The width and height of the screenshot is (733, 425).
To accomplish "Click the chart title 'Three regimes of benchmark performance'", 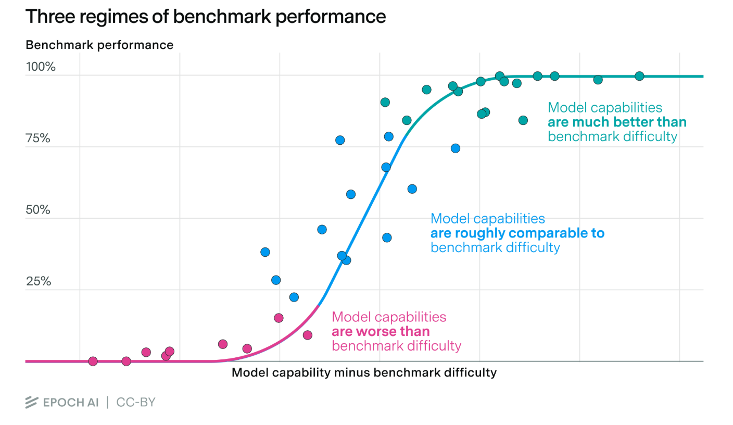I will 206,17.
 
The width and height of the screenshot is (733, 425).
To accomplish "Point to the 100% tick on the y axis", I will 41,67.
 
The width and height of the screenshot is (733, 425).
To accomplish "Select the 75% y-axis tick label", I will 39,139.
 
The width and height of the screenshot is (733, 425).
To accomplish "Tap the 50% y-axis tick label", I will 39,210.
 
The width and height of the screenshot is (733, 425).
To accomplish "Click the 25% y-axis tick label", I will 39,281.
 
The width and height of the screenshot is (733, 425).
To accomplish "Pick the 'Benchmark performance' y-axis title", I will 99,45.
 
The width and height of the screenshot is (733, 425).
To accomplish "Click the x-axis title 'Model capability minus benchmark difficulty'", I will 364,372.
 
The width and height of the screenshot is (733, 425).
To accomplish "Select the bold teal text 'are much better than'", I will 617,122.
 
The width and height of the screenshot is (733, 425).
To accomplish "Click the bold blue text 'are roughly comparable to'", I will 517,233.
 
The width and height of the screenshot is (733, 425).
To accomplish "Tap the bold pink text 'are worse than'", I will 381,331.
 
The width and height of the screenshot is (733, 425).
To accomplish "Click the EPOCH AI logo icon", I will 32,402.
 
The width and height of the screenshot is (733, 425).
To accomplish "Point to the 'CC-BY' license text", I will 136,402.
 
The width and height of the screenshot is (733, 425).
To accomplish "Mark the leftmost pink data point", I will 93,361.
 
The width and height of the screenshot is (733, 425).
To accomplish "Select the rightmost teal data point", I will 639,76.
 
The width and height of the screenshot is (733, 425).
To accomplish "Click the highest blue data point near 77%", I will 340,140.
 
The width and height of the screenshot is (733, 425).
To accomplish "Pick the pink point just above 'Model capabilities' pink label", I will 307,335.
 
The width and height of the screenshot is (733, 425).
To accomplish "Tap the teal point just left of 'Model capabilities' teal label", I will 523,120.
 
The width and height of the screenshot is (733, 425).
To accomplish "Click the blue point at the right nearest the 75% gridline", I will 456,148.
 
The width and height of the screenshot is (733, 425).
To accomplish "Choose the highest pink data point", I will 279,318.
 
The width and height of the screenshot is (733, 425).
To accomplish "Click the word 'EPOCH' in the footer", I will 64,402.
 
